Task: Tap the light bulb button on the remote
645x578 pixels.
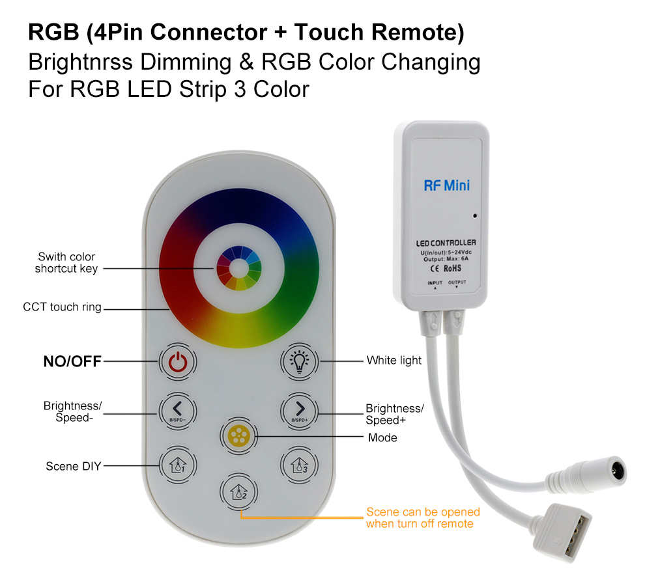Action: (x=300, y=362)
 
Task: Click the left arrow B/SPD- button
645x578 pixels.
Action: (x=178, y=411)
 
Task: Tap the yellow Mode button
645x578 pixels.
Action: (x=238, y=435)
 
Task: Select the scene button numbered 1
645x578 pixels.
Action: (x=178, y=465)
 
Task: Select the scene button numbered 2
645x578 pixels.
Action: (x=238, y=491)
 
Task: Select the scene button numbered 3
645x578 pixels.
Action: (x=300, y=465)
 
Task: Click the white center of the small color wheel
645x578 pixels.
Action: (x=239, y=268)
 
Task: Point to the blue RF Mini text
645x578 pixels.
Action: (x=447, y=186)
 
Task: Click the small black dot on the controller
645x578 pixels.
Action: (x=475, y=215)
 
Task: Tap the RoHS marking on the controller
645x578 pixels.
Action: (x=452, y=268)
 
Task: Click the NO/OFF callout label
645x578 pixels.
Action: (x=72, y=361)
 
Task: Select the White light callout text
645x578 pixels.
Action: (x=394, y=361)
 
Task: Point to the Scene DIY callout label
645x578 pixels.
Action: (x=73, y=466)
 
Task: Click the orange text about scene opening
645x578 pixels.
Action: (x=423, y=517)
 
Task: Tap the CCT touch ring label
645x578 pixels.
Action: (x=62, y=307)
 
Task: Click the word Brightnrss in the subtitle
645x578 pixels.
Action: (x=81, y=62)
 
